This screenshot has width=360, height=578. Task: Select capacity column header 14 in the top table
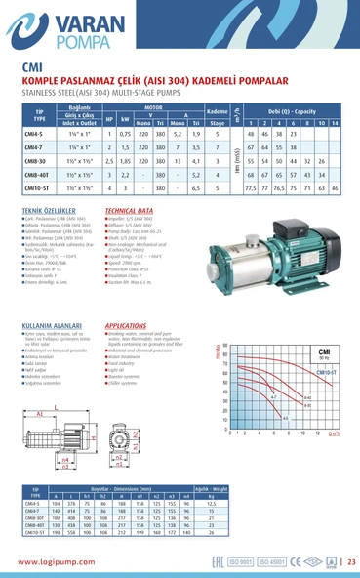(x=335, y=123)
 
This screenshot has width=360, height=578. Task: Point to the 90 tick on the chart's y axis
(x=226, y=345)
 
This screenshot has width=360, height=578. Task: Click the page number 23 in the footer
(x=350, y=561)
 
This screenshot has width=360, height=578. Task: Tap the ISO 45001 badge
(x=307, y=561)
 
